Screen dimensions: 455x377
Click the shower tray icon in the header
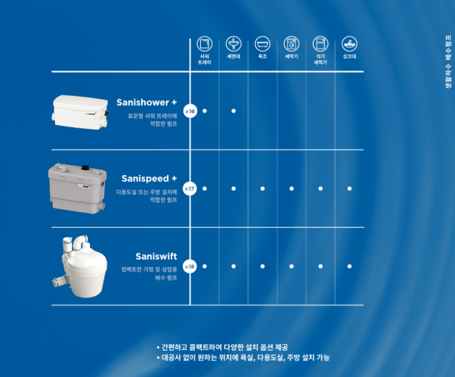point(205,44)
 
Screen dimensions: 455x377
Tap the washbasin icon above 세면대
point(233,44)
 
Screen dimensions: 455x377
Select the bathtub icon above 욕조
point(263,44)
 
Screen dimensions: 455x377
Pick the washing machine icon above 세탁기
point(291,44)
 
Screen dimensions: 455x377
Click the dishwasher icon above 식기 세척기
point(320,44)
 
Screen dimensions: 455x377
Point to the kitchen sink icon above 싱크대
point(350,44)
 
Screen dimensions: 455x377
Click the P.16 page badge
point(190,111)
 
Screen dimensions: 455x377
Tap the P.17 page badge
point(190,188)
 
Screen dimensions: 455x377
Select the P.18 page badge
point(190,266)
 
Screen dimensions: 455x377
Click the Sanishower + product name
point(146,102)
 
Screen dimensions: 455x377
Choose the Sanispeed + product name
point(149,179)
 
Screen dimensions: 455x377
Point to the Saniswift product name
point(156,256)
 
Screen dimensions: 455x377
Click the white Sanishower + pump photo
point(81,112)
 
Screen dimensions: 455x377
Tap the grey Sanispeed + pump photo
point(77,188)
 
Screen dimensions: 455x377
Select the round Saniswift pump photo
point(80,266)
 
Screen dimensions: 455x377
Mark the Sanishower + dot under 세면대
point(233,111)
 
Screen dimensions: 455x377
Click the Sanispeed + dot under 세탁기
point(291,188)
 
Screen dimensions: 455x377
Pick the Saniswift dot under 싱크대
point(350,266)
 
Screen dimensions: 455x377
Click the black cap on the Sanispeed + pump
point(85,168)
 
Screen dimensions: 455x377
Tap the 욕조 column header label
point(263,56)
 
